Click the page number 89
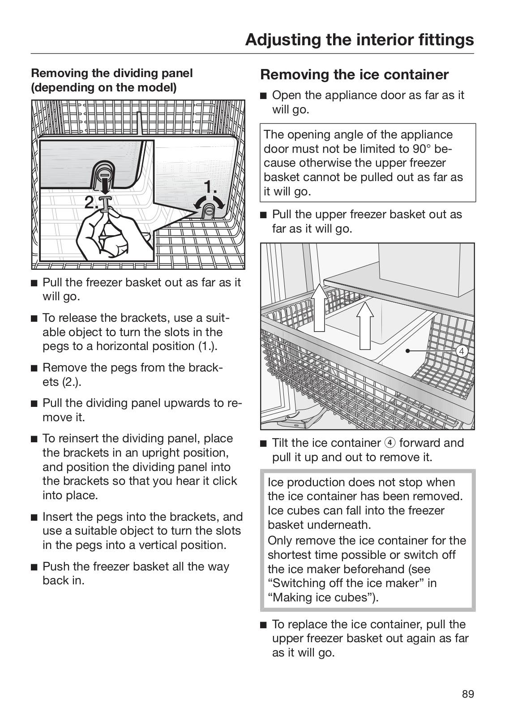click(x=467, y=694)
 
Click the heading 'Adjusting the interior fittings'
click(x=359, y=39)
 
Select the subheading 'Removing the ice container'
click(x=354, y=74)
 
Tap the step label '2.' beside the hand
click(x=92, y=203)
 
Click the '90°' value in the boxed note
click(x=423, y=149)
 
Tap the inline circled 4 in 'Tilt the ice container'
click(x=389, y=443)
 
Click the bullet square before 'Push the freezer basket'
click(x=34, y=567)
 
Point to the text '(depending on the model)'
click(x=104, y=87)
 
